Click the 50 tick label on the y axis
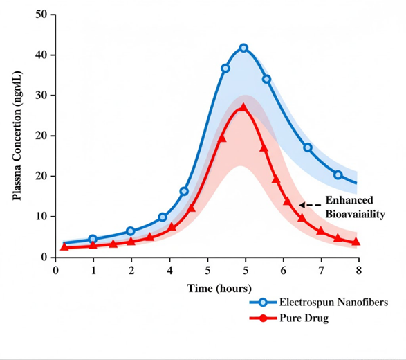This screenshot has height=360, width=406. [x=41, y=15]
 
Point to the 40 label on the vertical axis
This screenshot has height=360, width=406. [x=41, y=55]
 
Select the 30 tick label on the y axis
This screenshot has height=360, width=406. [x=41, y=96]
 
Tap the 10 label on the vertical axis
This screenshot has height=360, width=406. [x=41, y=217]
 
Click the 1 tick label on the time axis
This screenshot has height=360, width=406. [x=93, y=271]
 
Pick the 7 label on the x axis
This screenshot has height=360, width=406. [x=321, y=271]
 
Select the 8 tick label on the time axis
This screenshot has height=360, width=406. [x=358, y=271]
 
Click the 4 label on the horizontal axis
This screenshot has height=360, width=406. [x=169, y=271]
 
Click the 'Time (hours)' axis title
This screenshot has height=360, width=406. [x=219, y=289]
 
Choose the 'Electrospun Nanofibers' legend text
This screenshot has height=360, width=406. [x=333, y=303]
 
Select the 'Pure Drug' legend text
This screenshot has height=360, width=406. [x=304, y=318]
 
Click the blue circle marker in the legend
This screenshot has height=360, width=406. [x=263, y=303]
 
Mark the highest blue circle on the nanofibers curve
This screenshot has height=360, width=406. [x=243, y=48]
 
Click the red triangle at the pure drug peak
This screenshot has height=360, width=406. [x=243, y=107]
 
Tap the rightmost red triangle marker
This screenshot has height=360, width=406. [x=356, y=242]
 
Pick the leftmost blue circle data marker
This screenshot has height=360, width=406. [x=93, y=239]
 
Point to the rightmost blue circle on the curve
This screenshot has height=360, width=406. [x=338, y=175]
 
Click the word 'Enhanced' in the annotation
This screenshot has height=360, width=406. [x=349, y=200]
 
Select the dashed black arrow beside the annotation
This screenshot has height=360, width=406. [x=310, y=205]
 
